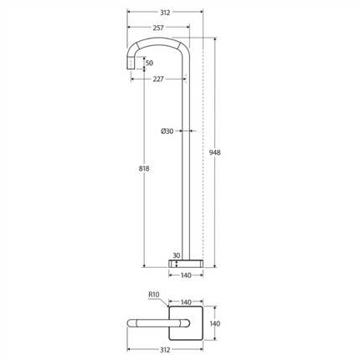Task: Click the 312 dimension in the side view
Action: pos(164,12)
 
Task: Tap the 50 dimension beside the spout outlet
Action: pos(149,63)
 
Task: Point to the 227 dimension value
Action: pos(158,80)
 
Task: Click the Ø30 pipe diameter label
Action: pos(167,131)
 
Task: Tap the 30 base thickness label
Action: pos(177,255)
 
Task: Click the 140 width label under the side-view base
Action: pos(187,275)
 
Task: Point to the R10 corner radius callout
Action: pos(153,295)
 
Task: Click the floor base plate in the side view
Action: pos(187,263)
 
